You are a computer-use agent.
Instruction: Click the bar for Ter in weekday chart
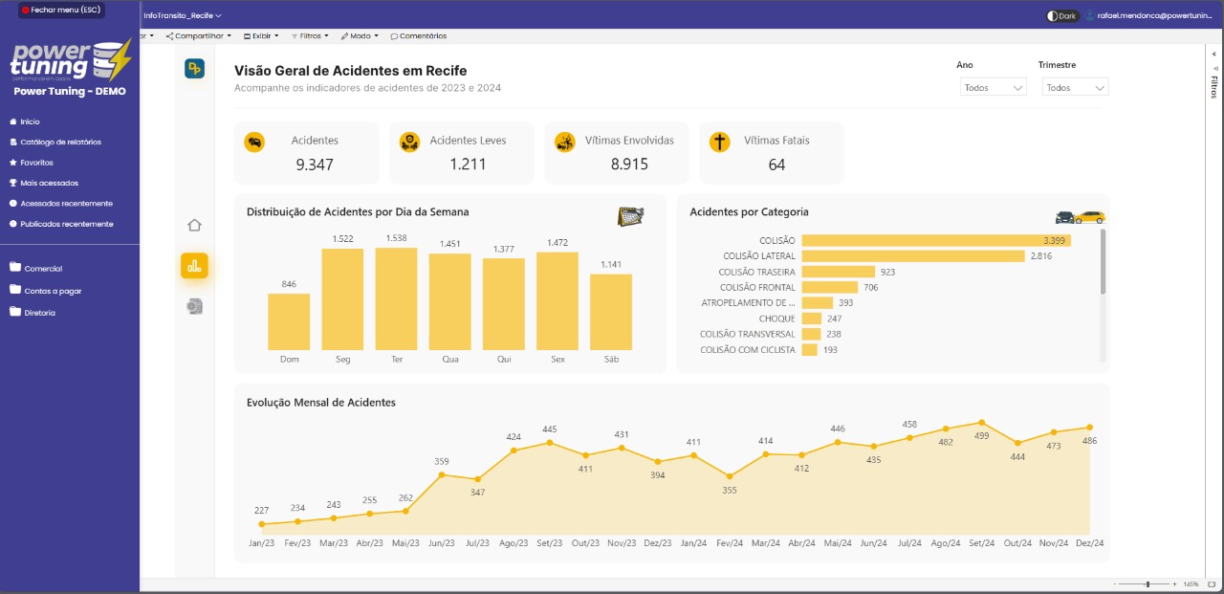pos(397,298)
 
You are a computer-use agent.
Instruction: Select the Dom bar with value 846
pos(289,321)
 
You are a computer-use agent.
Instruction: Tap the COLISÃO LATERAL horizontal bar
pos(913,256)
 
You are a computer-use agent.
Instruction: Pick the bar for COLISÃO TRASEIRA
pos(839,272)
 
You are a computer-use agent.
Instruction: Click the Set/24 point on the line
pos(981,422)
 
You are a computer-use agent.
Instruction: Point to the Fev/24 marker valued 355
pos(730,475)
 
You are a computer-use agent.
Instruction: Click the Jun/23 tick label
pos(442,543)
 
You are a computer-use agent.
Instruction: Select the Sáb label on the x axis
pos(611,360)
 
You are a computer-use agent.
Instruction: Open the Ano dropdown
pos(994,87)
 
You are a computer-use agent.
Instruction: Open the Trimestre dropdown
pos(1075,87)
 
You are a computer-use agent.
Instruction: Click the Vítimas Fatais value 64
pos(776,165)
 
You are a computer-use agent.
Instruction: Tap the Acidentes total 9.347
pos(315,165)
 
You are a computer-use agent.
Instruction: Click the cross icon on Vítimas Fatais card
pos(719,142)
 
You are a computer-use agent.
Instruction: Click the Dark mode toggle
pos(1061,15)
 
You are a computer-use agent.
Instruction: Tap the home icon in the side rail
pos(194,226)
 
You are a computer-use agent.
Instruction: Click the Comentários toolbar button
pos(418,36)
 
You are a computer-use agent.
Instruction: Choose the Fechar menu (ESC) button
pos(60,10)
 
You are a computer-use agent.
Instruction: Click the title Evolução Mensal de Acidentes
pos(321,403)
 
